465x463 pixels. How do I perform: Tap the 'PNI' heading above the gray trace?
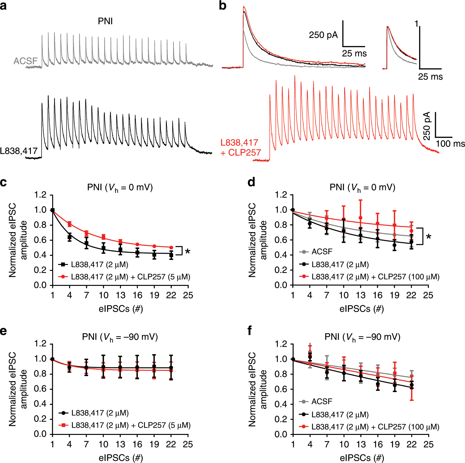[105, 21]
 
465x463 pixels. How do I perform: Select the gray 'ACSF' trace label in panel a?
[25, 61]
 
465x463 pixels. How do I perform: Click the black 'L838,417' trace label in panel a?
[19, 151]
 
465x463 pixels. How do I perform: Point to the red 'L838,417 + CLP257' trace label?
[241, 147]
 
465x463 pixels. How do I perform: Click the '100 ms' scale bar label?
[450, 144]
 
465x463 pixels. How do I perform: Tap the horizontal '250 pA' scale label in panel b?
[323, 35]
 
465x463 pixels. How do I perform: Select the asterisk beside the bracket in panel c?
[187, 251]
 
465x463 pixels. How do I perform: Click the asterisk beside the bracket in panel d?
[428, 237]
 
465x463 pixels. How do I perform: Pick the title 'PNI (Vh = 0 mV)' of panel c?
[120, 187]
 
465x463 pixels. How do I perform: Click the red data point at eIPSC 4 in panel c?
[70, 224]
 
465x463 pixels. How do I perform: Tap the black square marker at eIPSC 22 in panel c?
[171, 255]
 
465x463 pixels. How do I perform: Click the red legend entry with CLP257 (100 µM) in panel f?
[369, 427]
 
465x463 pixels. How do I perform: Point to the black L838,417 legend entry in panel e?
[94, 413]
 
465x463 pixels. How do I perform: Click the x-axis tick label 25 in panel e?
[188, 444]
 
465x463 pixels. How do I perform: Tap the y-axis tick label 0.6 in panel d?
[281, 240]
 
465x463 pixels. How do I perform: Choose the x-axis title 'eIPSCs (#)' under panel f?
[362, 458]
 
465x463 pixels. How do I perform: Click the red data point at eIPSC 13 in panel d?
[361, 218]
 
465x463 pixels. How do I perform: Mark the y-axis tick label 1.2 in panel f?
[281, 344]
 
